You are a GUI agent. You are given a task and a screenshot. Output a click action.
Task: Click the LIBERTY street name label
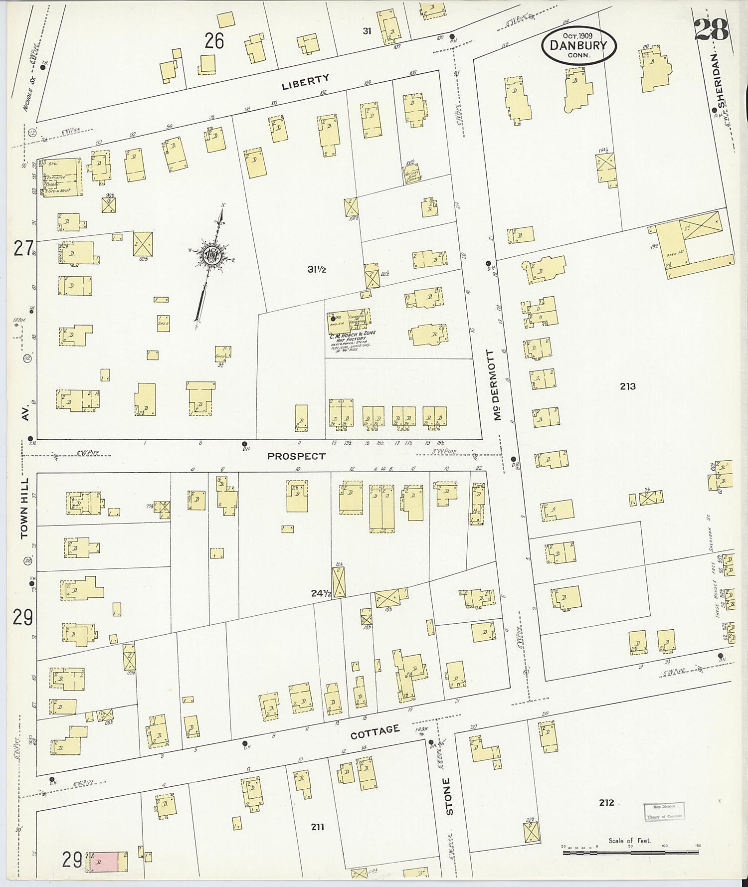click(305, 81)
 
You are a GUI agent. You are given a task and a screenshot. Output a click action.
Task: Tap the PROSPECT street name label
click(296, 456)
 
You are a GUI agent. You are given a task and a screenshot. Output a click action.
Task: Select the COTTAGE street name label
click(375, 731)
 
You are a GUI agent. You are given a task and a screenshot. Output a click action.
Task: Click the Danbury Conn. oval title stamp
click(578, 45)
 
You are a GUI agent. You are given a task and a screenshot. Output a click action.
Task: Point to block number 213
click(627, 386)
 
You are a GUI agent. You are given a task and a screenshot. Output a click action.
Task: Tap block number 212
click(606, 802)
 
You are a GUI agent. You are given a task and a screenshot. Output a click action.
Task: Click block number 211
click(317, 827)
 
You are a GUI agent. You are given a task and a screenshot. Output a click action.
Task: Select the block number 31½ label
click(316, 270)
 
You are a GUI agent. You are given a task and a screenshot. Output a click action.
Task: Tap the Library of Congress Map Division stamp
click(663, 811)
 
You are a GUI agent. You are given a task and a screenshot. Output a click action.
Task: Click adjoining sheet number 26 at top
click(214, 41)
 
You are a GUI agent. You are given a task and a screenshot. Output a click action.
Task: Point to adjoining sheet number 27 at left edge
click(22, 248)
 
